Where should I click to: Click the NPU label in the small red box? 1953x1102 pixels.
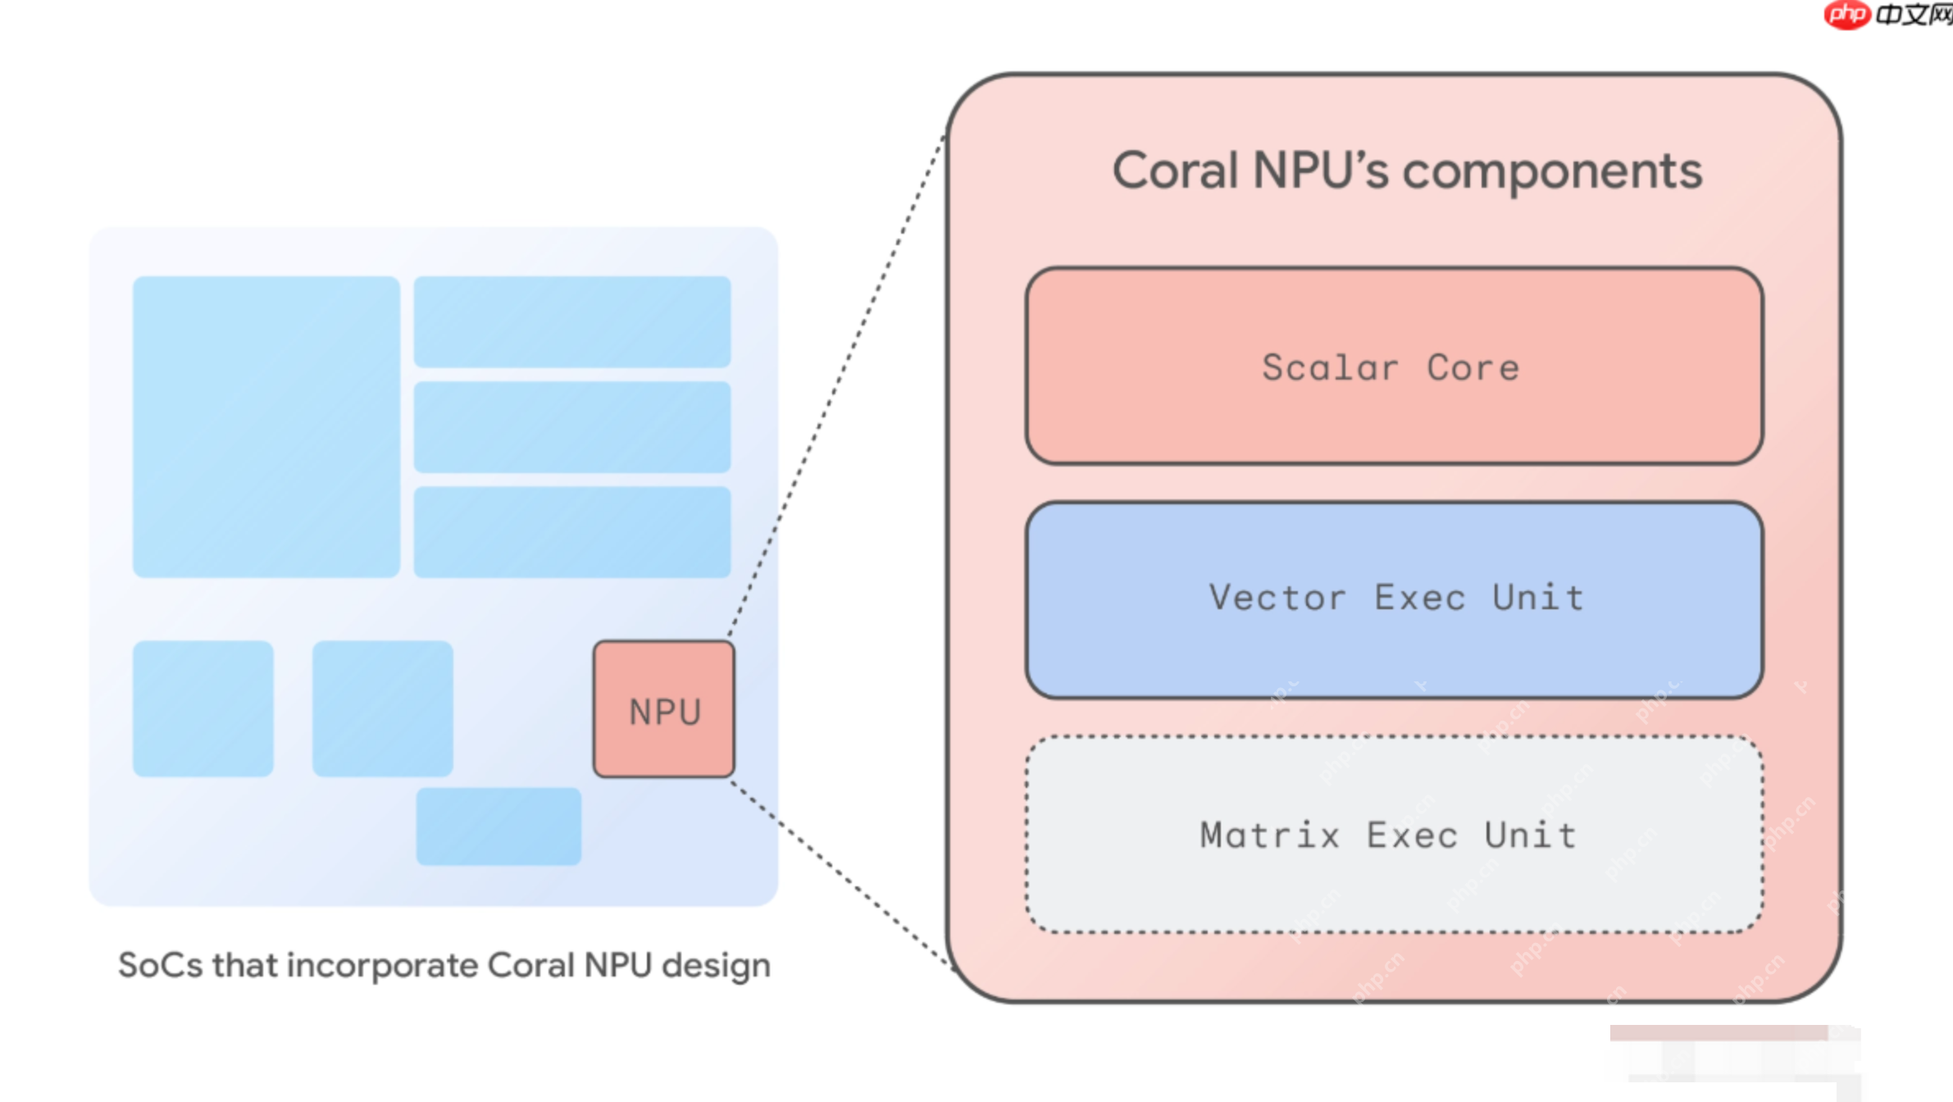point(665,712)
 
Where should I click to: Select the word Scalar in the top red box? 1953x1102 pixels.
point(1330,367)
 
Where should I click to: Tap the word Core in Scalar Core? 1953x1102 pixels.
point(1473,367)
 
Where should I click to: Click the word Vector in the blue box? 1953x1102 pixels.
point(1277,597)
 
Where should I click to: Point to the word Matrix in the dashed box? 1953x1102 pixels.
point(1269,836)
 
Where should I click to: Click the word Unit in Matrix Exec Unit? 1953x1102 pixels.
point(1530,836)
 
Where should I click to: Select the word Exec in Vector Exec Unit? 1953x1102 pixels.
point(1419,597)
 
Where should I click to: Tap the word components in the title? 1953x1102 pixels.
point(1552,171)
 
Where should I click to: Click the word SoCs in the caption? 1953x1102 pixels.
point(160,965)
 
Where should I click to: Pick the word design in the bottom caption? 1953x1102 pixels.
point(716,965)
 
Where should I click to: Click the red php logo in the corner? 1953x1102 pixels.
point(1846,14)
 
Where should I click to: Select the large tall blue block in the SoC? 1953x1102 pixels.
point(266,426)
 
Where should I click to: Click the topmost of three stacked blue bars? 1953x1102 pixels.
point(571,321)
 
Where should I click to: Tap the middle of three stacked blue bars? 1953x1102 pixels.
point(571,426)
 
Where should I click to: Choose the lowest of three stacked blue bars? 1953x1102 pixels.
point(571,531)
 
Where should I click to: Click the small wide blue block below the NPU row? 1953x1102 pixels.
point(498,826)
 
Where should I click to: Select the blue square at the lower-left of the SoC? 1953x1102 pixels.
point(203,708)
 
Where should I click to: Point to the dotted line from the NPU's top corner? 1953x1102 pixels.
point(836,385)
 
